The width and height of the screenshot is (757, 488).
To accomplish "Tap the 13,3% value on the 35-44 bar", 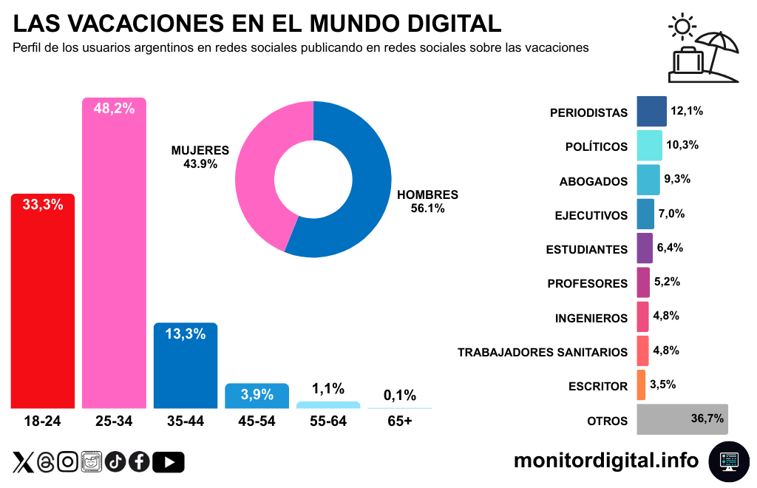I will (185, 334).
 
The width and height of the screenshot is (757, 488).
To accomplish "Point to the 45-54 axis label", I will (257, 421).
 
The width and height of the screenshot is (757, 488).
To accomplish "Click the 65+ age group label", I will (400, 421).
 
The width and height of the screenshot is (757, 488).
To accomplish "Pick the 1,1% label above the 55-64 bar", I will (328, 389).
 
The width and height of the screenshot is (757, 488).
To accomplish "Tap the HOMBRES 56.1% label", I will (428, 202).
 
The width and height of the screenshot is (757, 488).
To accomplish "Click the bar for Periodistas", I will (651, 112).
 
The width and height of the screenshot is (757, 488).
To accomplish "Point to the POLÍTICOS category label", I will (597, 147).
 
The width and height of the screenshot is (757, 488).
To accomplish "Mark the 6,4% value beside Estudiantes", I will (670, 248).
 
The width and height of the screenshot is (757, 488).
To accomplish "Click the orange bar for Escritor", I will (641, 385).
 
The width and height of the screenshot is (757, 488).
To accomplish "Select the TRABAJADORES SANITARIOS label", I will (543, 353).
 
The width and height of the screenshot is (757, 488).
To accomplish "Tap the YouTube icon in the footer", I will (169, 462).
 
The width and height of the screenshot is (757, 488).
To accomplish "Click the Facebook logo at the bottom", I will (139, 462).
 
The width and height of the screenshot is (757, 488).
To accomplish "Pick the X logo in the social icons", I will (23, 462).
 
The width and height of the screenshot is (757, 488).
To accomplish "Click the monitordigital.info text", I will (606, 460).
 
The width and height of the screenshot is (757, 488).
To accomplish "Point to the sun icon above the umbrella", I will (682, 28).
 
